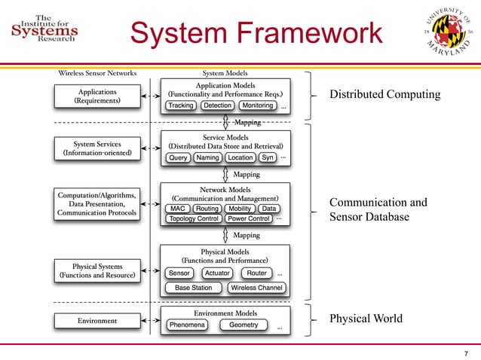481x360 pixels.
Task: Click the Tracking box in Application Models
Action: coord(181,106)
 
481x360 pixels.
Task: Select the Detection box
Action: coord(218,106)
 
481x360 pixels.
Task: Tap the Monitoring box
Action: coord(258,106)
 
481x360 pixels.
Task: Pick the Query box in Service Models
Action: coord(179,158)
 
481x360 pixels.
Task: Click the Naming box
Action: coord(207,158)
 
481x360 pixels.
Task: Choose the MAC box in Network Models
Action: coord(178,209)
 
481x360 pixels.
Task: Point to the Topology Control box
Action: coord(194,219)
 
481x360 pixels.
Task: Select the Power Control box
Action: coord(249,219)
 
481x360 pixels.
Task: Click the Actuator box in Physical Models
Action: coord(217,273)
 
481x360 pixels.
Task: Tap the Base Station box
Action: coord(194,288)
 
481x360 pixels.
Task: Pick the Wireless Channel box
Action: coord(256,288)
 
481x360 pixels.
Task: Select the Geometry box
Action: coord(244,325)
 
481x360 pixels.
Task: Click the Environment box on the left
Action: coord(97,321)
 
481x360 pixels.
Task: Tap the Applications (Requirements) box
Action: coord(97,96)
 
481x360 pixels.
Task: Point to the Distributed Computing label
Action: coord(384,95)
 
